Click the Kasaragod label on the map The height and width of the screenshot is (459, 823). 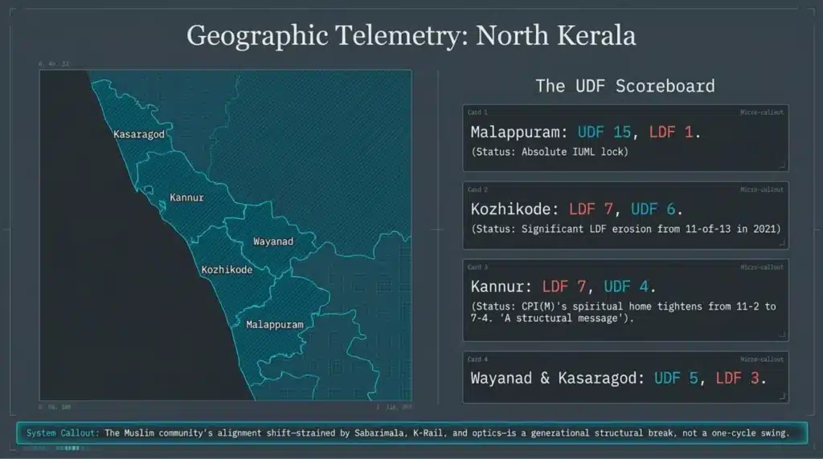tap(139, 134)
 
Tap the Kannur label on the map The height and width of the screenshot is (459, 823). tap(186, 197)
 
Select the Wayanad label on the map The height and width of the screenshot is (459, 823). tap(273, 241)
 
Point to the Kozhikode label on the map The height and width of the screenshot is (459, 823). tap(227, 270)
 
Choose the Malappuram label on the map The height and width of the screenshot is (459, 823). tap(275, 325)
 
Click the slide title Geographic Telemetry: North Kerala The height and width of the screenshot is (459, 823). tap(411, 35)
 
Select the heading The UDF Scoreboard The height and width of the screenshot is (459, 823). tap(624, 86)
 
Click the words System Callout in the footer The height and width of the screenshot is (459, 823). tap(63, 433)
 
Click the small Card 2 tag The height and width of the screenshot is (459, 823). tap(477, 190)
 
